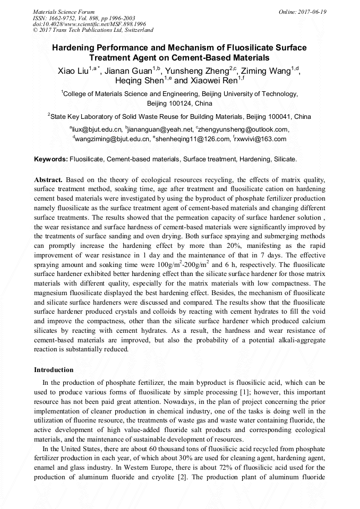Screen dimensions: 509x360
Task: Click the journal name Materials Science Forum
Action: click(64, 12)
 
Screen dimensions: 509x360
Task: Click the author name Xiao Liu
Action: click(73, 70)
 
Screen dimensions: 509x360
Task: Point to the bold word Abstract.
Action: click(48, 180)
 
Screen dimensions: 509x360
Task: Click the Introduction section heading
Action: click(54, 369)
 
